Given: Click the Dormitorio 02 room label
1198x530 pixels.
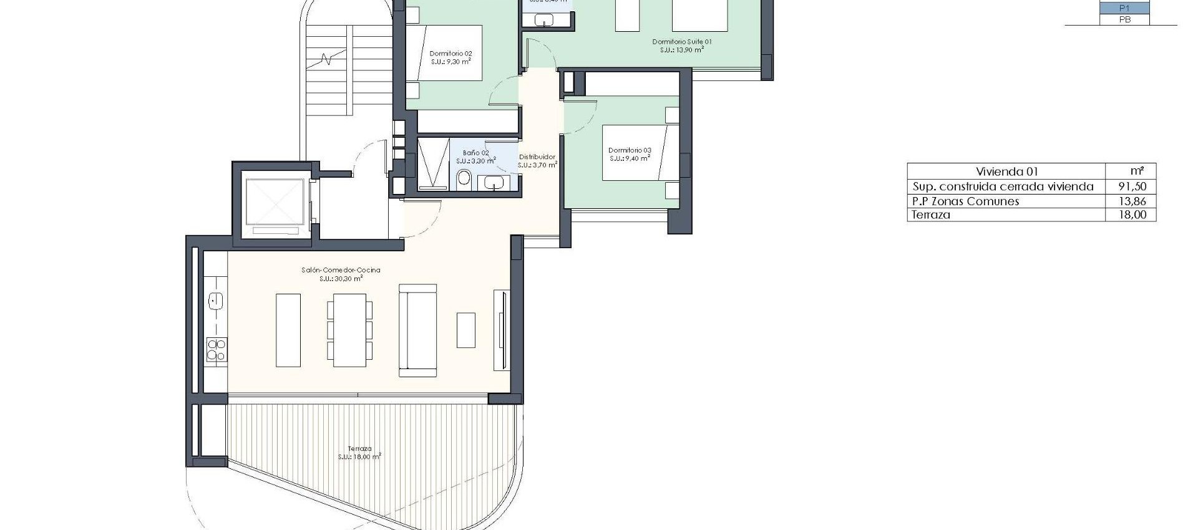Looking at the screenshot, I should click(450, 54).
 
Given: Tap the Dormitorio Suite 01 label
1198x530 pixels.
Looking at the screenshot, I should click(681, 42).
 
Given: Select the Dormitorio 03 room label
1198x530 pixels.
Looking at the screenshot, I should click(630, 150).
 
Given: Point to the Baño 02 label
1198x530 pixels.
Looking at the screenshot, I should click(475, 153).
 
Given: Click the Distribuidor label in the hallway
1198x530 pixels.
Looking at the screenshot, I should click(537, 157).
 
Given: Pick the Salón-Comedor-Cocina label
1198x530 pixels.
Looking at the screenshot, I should click(341, 270).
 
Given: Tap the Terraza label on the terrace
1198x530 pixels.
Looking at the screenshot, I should click(359, 448).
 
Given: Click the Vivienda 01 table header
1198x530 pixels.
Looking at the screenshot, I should click(1006, 171).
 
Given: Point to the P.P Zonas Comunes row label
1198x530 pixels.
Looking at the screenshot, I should click(965, 201).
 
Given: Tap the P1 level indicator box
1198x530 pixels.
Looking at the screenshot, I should click(1124, 8).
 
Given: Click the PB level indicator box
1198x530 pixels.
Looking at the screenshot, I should click(1124, 19).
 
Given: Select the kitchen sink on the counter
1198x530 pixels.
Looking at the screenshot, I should click(216, 301).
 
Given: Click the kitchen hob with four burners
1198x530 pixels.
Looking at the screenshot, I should click(217, 349).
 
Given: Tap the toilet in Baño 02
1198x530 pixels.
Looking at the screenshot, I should click(464, 179).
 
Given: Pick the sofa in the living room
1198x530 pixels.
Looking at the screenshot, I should click(417, 330).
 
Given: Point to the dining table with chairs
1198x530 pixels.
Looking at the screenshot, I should click(349, 330).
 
